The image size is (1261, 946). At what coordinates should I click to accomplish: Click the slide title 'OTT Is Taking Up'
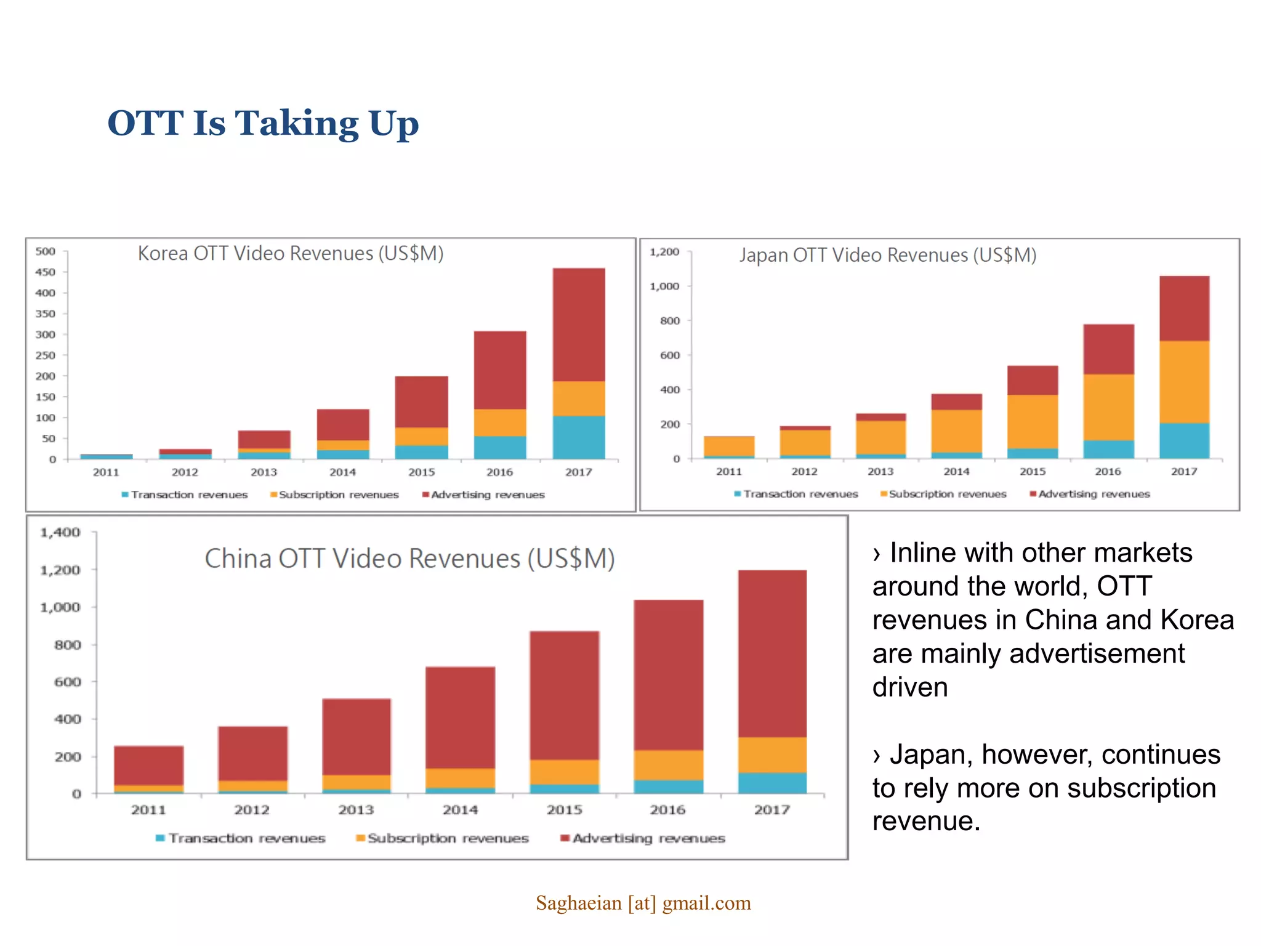click(x=263, y=123)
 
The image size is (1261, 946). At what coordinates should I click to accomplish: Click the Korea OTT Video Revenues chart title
click(x=290, y=254)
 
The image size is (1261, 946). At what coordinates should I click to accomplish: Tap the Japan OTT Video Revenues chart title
click(x=887, y=255)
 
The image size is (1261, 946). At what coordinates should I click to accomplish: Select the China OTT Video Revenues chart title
click(x=409, y=559)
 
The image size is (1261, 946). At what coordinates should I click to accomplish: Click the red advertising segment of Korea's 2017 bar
click(x=578, y=325)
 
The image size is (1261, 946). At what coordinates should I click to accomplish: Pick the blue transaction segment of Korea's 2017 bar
click(x=578, y=437)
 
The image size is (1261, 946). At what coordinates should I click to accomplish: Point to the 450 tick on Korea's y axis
click(x=46, y=272)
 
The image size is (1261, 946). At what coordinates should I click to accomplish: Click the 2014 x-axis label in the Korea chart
click(x=342, y=472)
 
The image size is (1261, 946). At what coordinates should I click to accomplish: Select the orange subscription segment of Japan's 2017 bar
click(x=1183, y=382)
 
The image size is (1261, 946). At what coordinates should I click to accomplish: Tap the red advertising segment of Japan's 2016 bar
click(x=1108, y=349)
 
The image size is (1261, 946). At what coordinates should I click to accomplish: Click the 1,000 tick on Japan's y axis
click(x=664, y=286)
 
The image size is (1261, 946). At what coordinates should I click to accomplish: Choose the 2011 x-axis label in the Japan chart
click(x=728, y=472)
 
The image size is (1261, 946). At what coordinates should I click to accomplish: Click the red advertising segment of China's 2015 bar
click(x=564, y=695)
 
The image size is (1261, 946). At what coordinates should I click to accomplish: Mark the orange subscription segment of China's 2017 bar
click(x=772, y=755)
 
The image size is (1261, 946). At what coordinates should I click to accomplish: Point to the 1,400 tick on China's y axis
click(x=60, y=533)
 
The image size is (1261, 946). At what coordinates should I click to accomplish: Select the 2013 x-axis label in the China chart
click(x=356, y=810)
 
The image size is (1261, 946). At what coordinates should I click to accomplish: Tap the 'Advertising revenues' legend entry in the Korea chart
click(x=483, y=495)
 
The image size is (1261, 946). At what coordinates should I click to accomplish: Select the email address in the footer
click(x=643, y=904)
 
